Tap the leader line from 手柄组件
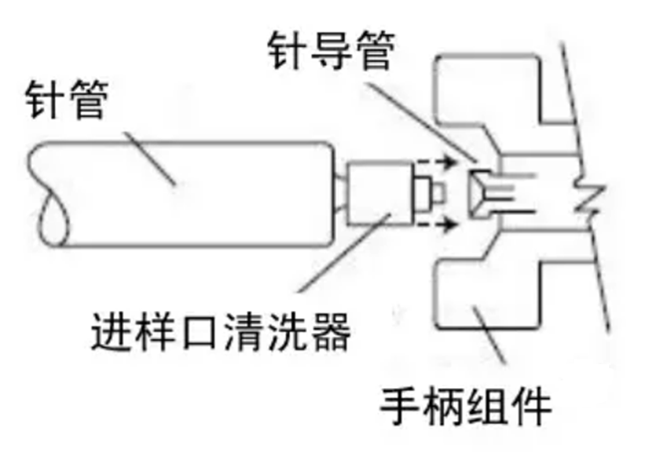488,339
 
